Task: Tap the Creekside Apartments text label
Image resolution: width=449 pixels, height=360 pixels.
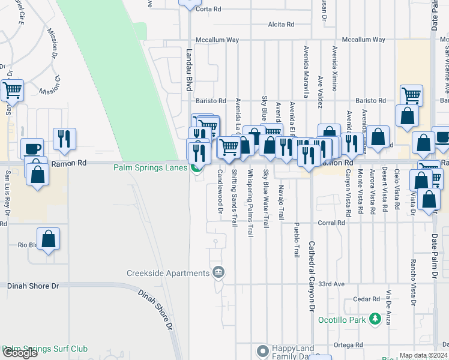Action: click(x=167, y=274)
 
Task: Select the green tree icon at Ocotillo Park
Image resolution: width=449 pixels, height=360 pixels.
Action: click(x=375, y=318)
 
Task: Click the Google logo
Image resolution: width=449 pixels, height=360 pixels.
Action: click(x=20, y=353)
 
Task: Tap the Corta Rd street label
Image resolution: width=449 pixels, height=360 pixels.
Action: click(x=209, y=9)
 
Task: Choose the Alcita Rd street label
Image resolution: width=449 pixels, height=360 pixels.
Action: click(x=282, y=25)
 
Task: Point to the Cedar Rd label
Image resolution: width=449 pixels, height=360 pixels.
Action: click(x=367, y=299)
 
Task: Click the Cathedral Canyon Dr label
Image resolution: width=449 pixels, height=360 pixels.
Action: click(x=312, y=276)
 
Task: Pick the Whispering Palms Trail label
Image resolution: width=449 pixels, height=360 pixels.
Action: click(x=250, y=202)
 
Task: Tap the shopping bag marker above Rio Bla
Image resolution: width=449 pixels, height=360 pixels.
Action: click(x=49, y=239)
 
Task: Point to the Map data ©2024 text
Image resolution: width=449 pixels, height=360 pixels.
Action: click(x=424, y=355)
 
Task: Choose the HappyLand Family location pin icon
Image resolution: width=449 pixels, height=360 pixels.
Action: click(x=262, y=350)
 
